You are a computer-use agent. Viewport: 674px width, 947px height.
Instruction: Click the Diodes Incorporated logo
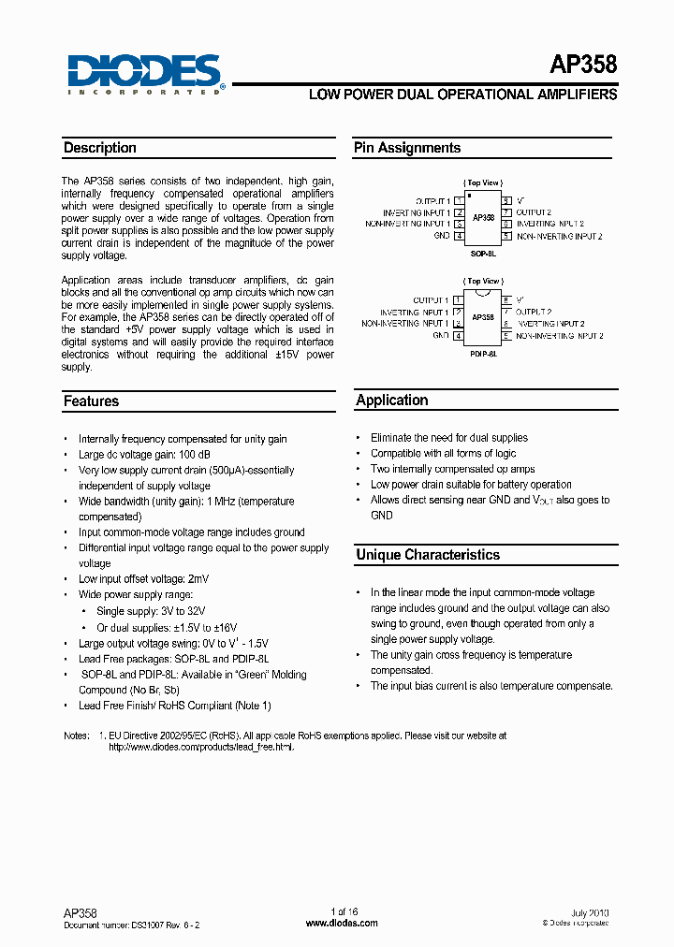pos(146,73)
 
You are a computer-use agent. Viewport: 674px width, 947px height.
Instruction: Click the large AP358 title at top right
pos(583,65)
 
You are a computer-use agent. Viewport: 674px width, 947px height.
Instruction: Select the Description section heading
pos(100,148)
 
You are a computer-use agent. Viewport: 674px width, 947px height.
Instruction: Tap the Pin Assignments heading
pos(407,148)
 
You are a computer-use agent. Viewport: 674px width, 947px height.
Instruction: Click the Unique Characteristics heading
pos(428,555)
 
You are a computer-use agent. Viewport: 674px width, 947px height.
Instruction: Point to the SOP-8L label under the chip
pos(482,253)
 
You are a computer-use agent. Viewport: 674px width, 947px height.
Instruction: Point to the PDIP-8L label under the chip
pos(482,355)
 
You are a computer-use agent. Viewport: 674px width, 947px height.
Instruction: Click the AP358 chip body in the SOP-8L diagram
pos(483,217)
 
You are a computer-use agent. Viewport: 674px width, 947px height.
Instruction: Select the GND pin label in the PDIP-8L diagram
pos(440,335)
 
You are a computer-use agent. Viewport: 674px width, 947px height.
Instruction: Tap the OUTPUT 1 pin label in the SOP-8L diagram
pos(432,201)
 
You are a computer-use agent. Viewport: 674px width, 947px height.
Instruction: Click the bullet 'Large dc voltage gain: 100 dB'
pos(145,455)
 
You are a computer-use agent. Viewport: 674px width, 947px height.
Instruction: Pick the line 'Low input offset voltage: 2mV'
pos(143,579)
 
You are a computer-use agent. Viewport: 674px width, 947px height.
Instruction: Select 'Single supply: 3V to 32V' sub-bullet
pos(152,611)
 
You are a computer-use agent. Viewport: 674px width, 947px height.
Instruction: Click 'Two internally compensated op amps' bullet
pos(453,469)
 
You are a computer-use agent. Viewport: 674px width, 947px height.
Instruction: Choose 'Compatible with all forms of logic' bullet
pos(443,453)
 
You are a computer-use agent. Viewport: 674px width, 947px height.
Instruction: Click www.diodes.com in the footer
pos(343,923)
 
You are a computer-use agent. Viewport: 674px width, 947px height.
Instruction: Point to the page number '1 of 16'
pos(344,911)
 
